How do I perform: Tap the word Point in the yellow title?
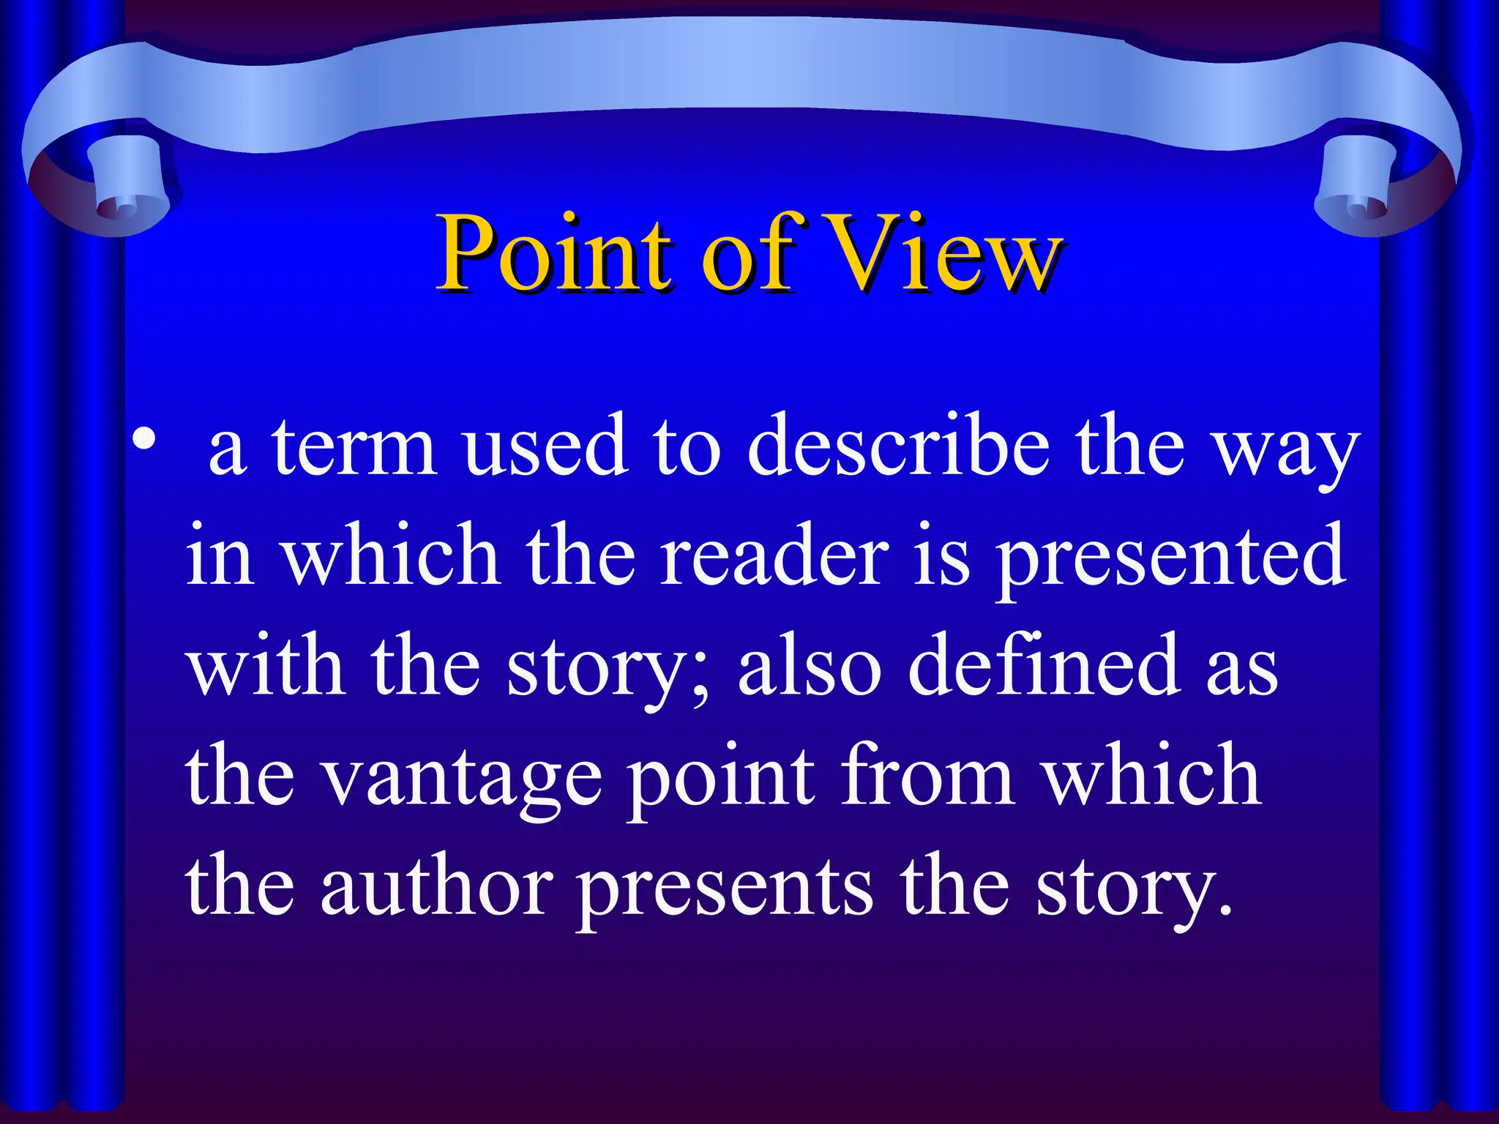point(553,252)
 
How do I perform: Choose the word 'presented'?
point(1171,560)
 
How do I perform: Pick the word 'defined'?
point(1044,666)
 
